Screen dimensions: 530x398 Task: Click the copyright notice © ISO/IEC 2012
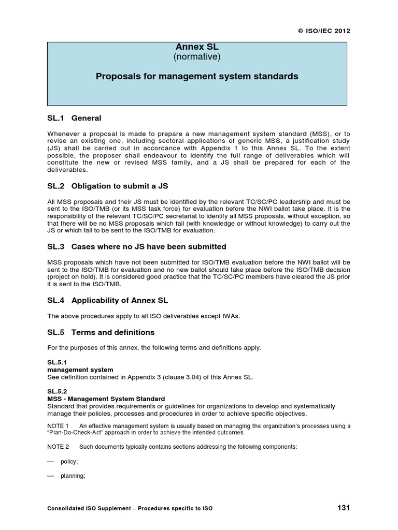coord(324,31)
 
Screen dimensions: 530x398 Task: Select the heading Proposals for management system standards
coord(197,77)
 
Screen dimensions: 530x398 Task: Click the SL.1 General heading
coord(74,119)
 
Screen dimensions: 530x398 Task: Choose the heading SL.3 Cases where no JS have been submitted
coord(136,247)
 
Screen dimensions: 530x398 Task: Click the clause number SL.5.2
coord(56,391)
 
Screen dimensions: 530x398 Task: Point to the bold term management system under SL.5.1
coord(80,370)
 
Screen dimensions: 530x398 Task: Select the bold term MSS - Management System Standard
coord(106,399)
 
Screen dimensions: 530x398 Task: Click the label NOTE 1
coord(58,426)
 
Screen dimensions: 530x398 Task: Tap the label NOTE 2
coord(58,447)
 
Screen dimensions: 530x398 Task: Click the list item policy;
coord(69,461)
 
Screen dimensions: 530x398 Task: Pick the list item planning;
coord(73,476)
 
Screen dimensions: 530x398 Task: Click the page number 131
coord(343,508)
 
